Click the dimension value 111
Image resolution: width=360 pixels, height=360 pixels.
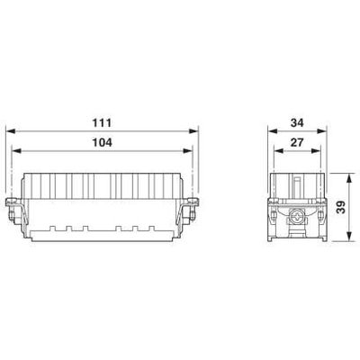[102, 122]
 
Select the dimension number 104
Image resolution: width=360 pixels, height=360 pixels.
[102, 142]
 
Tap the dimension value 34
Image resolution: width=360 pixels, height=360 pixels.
[297, 122]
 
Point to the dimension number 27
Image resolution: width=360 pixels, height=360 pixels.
[297, 142]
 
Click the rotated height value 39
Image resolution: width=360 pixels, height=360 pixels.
[341, 207]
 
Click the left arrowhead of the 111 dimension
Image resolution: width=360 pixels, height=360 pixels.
[11, 131]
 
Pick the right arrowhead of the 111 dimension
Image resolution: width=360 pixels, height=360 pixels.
[193, 131]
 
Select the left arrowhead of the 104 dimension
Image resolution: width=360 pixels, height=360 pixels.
[16, 151]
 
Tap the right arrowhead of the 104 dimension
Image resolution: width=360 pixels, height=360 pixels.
[187, 151]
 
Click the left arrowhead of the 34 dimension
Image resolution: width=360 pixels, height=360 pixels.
[273, 131]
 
